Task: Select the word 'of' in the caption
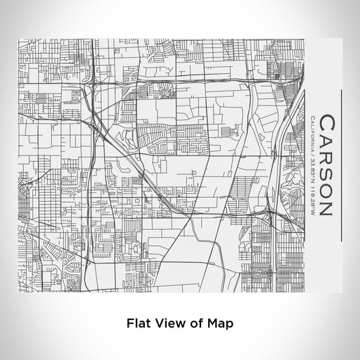pos(198,324)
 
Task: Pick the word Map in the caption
pos(221,324)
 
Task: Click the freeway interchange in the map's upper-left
pos(90,88)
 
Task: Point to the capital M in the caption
pos(214,324)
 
